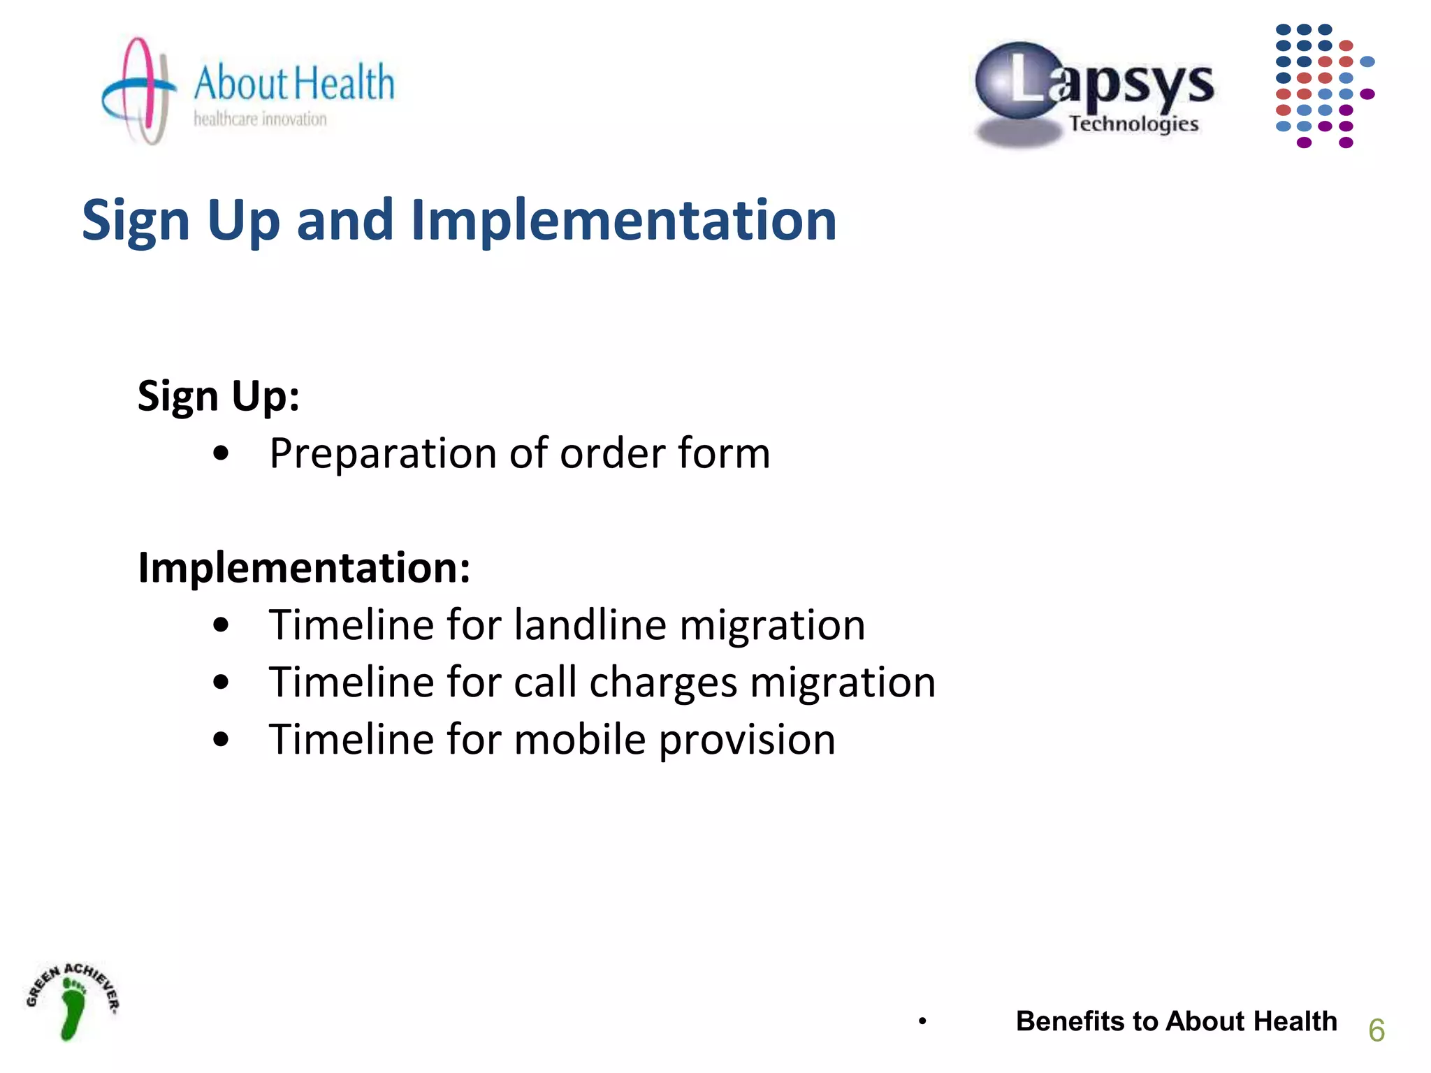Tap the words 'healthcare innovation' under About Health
pos(260,119)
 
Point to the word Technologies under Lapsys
pos(1133,124)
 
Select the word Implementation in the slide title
pos(623,220)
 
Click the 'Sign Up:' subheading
pos(218,396)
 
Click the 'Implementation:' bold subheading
pos(304,567)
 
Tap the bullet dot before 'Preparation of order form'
pos(221,454)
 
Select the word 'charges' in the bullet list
pos(662,683)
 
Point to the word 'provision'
pos(747,740)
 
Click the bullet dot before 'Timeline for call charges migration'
pos(221,682)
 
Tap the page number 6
pos(1376,1030)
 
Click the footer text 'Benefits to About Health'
pos(1176,1021)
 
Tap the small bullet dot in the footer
pos(922,1022)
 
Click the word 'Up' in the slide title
pos(243,220)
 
